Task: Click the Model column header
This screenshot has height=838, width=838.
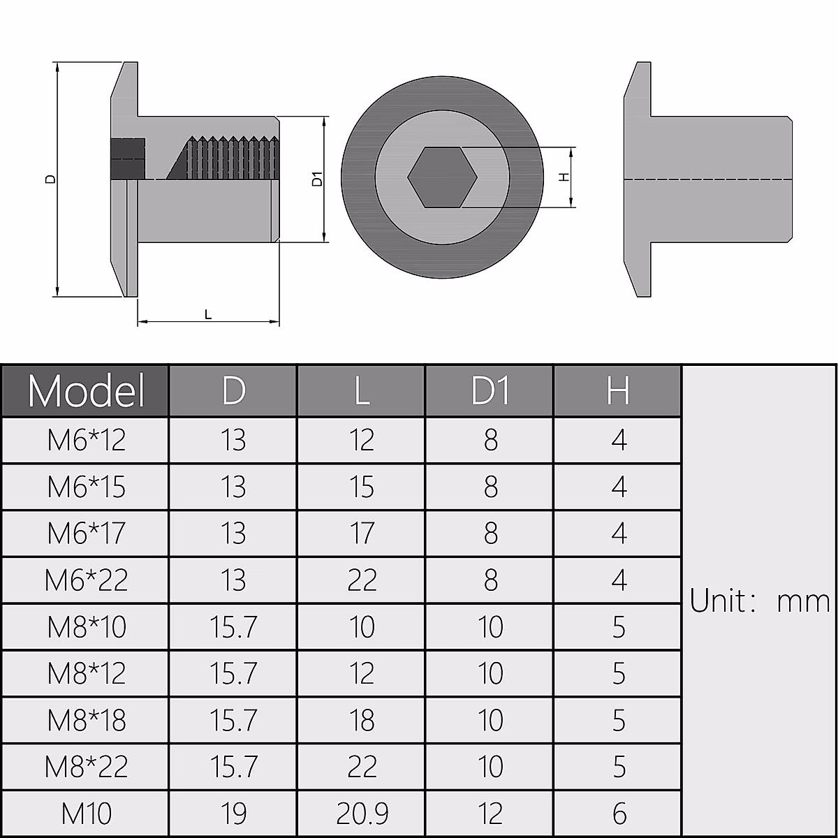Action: point(85,390)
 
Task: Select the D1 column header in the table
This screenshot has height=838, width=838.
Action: point(490,390)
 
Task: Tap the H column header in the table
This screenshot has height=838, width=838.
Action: point(618,390)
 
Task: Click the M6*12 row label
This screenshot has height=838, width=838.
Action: point(86,440)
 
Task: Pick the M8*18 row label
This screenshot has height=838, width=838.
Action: point(86,720)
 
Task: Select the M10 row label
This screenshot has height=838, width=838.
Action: point(86,814)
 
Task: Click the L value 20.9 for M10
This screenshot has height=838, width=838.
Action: point(362,814)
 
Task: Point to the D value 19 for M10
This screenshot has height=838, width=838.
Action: point(233,814)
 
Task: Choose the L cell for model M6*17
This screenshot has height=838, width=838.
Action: point(362,534)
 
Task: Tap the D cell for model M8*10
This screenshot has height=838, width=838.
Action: point(233,627)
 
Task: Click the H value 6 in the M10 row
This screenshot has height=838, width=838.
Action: point(619,814)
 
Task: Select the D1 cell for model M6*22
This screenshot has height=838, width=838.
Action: point(490,580)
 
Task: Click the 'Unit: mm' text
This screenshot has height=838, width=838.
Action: point(759,601)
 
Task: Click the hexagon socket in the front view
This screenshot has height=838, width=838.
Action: point(442,177)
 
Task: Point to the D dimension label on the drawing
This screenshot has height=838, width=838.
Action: point(50,179)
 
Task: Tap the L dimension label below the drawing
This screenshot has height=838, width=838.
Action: point(207,315)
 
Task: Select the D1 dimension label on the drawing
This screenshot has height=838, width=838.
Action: point(318,179)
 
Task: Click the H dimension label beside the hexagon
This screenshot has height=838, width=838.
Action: point(565,177)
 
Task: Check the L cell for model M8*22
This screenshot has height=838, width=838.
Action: point(362,767)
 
